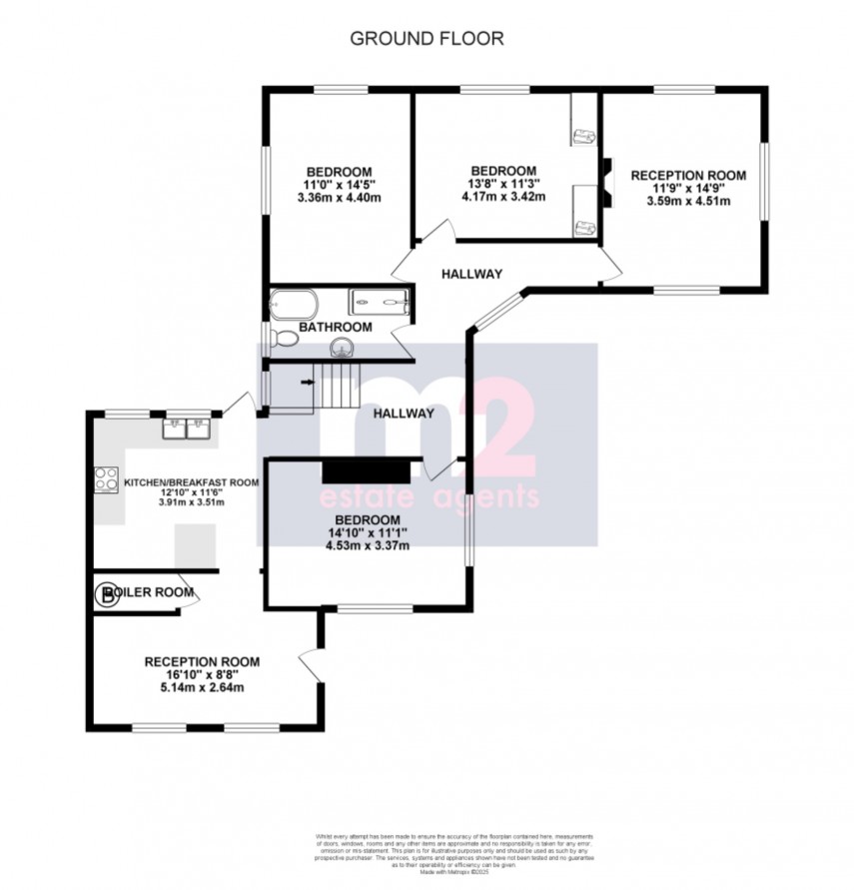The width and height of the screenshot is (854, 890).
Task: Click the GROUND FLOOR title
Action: click(x=427, y=39)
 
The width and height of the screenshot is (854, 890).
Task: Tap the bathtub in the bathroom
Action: click(x=293, y=304)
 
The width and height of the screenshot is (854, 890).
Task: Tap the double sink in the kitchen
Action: click(x=187, y=429)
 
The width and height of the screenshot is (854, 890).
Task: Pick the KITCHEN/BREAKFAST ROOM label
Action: click(x=191, y=482)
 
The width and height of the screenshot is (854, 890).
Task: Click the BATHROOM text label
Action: click(x=339, y=327)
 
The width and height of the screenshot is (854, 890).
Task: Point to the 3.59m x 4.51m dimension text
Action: click(x=688, y=201)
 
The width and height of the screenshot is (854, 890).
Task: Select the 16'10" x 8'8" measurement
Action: click(x=202, y=674)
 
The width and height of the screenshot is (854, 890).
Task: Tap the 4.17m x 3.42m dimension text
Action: click(x=503, y=197)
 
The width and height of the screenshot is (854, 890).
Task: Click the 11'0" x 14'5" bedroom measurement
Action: click(x=340, y=184)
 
